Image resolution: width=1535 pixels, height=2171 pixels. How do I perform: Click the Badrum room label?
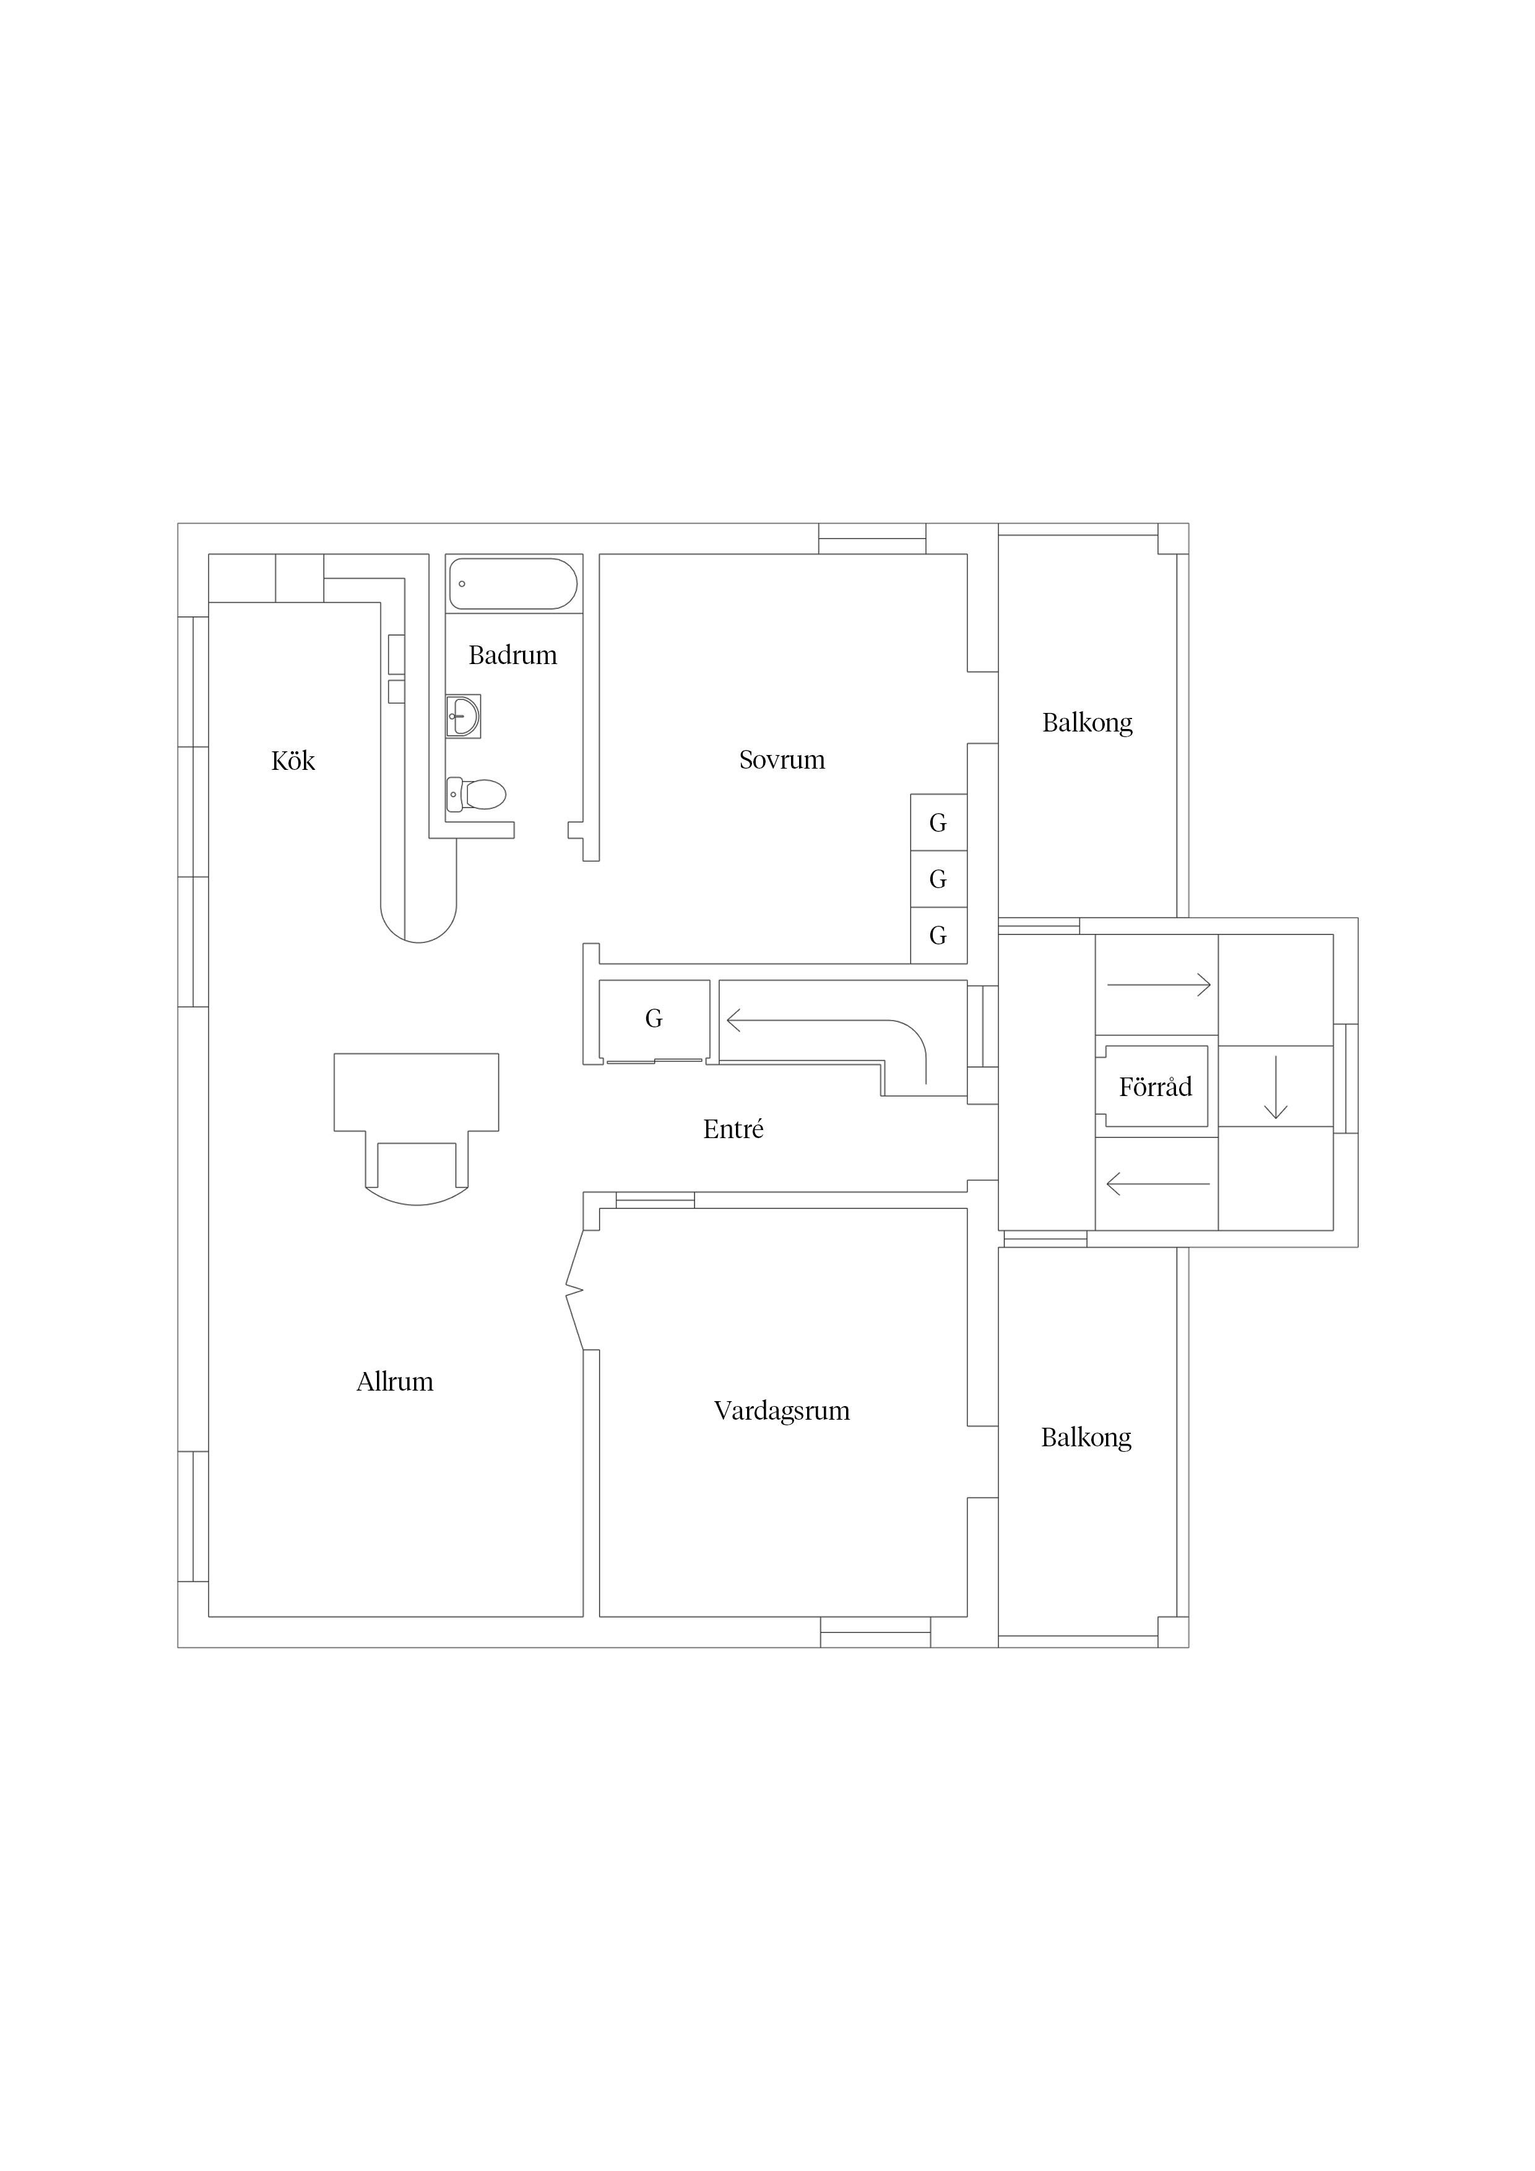coord(512,655)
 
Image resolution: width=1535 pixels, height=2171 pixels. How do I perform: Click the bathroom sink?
coord(464,716)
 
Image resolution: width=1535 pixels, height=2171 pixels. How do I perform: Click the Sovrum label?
coord(782,759)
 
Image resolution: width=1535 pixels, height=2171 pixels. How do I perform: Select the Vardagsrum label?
coord(782,1411)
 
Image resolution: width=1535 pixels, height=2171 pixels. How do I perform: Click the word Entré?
coord(733,1128)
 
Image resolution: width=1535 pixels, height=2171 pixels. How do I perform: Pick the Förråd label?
coord(1155,1087)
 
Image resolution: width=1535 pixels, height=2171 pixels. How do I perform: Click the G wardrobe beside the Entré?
coord(654,1019)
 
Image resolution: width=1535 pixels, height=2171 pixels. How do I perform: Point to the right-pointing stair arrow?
coord(1159,985)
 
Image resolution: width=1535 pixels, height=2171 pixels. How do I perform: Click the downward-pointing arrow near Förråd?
coord(1276,1087)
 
